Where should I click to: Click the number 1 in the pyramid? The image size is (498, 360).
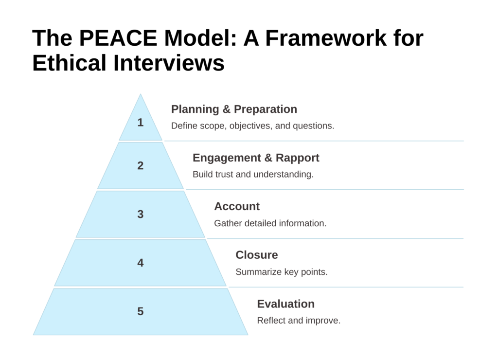pyautogui.click(x=141, y=122)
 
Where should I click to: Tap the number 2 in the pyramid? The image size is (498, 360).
pyautogui.click(x=141, y=165)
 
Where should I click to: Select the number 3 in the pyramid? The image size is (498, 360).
pyautogui.click(x=141, y=214)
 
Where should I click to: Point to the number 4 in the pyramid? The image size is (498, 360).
pyautogui.click(x=141, y=263)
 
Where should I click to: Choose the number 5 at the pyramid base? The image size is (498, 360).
pyautogui.click(x=141, y=311)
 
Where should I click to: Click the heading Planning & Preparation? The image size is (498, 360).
pyautogui.click(x=234, y=109)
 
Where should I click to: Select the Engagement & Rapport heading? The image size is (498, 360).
pyautogui.click(x=256, y=158)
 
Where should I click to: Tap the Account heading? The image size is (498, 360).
pyautogui.click(x=237, y=207)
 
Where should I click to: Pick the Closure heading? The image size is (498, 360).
pyautogui.click(x=257, y=255)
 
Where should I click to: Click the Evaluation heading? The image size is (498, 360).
pyautogui.click(x=286, y=304)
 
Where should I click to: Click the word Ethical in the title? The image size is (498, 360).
pyautogui.click(x=69, y=63)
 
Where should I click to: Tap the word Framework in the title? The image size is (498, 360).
pyautogui.click(x=326, y=38)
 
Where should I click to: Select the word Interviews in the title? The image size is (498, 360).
pyautogui.click(x=169, y=63)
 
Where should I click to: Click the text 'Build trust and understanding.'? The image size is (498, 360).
pyautogui.click(x=253, y=175)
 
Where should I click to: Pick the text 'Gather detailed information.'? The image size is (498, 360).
pyautogui.click(x=270, y=223)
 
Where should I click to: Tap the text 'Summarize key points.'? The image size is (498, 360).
pyautogui.click(x=282, y=272)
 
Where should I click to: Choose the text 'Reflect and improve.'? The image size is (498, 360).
pyautogui.click(x=299, y=321)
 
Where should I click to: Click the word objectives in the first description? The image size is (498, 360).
pyautogui.click(x=250, y=126)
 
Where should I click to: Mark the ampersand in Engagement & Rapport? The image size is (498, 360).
pyautogui.click(x=268, y=158)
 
